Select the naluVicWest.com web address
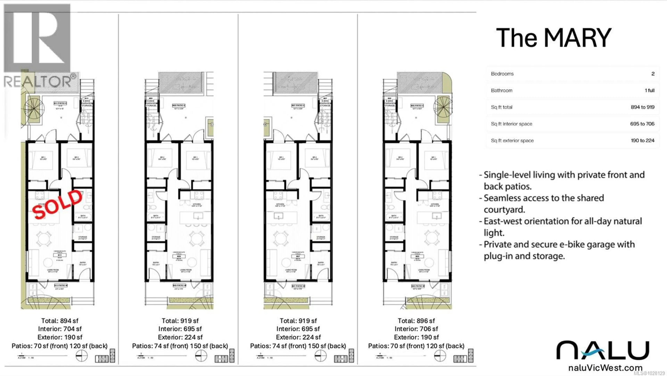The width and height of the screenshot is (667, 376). coord(605,368)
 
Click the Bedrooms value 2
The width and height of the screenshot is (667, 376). coord(653,74)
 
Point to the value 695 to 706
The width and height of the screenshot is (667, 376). coord(642,124)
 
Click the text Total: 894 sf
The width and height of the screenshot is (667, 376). coord(60,321)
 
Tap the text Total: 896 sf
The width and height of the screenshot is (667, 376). coord(416,321)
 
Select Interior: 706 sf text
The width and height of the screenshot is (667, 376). coord(416,329)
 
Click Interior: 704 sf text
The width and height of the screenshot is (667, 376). coord(60,329)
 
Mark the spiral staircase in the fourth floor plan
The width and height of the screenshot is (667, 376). coord(443,107)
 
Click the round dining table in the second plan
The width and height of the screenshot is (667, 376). coord(197,238)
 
